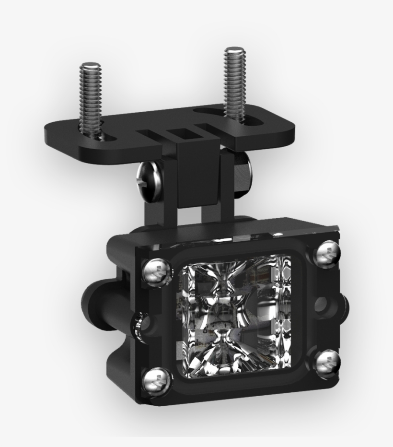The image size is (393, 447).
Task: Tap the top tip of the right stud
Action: coord(234,50)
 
